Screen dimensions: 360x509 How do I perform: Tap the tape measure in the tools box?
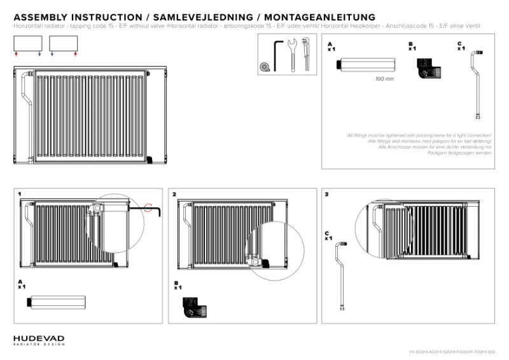pyautogui.click(x=263, y=66)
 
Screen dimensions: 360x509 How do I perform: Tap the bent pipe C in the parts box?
pyautogui.click(x=477, y=83)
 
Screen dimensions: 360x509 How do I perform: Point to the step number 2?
pyautogui.click(x=174, y=193)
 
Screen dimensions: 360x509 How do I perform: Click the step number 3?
pyautogui.click(x=326, y=193)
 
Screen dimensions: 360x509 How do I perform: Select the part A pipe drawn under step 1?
pyautogui.click(x=55, y=303)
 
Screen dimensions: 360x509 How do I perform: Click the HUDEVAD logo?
pyautogui.click(x=38, y=340)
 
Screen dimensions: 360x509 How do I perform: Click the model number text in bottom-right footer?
pyautogui.click(x=452, y=352)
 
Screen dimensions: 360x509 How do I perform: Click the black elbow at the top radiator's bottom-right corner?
pyautogui.click(x=149, y=158)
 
